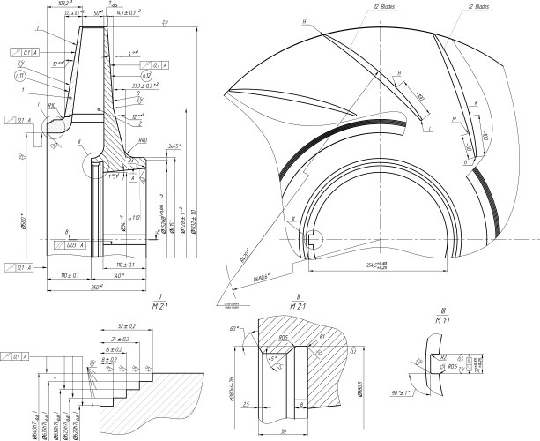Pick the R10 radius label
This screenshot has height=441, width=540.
(x=52, y=105)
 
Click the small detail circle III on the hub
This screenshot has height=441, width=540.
(x=314, y=235)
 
